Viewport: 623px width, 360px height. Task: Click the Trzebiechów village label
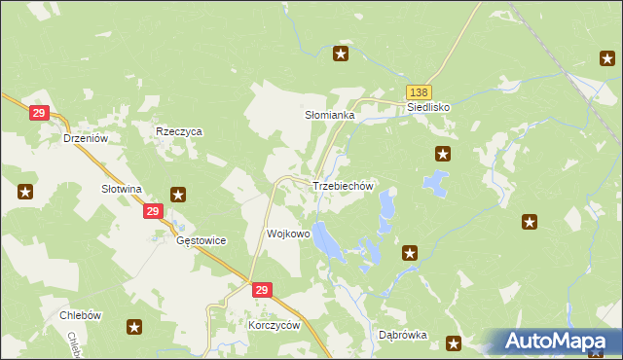coord(343,186)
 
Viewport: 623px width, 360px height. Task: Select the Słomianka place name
coord(330,115)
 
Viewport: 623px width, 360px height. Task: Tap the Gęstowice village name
coord(201,239)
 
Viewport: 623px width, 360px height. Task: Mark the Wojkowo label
coord(288,234)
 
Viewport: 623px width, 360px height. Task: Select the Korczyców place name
coord(275,326)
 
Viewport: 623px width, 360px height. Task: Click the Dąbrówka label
coord(403,335)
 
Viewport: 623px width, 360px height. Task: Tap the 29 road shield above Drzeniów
coord(39,114)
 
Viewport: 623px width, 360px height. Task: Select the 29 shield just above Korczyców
coord(261,290)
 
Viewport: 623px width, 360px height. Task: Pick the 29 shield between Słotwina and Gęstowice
coord(152,210)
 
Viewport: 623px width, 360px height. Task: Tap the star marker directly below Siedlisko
coord(443,153)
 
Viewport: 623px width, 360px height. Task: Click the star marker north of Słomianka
coord(341,54)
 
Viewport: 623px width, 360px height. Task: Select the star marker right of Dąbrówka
coord(454,342)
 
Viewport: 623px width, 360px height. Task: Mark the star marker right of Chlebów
coord(134,328)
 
